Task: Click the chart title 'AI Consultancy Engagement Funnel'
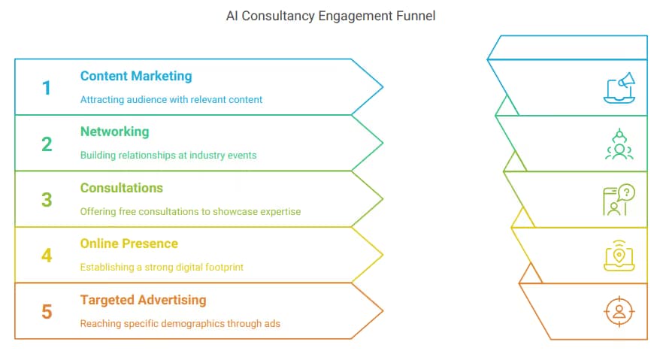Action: (x=331, y=16)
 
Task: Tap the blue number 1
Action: (x=47, y=88)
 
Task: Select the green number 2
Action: (x=47, y=144)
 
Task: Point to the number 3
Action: (x=47, y=200)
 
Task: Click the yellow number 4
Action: (x=47, y=256)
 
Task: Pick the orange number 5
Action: (x=47, y=312)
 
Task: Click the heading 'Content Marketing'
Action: (x=136, y=76)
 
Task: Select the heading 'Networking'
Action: (x=114, y=132)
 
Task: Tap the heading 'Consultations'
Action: (x=121, y=188)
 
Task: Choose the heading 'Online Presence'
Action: (x=129, y=244)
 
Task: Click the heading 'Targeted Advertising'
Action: (x=143, y=300)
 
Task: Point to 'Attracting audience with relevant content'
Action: (x=171, y=99)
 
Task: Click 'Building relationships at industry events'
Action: (x=168, y=156)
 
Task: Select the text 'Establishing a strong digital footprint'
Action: (x=162, y=268)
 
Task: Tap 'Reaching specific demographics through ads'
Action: (x=180, y=323)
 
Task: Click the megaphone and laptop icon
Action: (x=619, y=88)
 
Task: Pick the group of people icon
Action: (x=619, y=144)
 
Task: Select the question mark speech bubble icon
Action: (x=619, y=200)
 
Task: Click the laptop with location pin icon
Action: (x=619, y=256)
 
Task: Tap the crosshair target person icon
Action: (x=619, y=312)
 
